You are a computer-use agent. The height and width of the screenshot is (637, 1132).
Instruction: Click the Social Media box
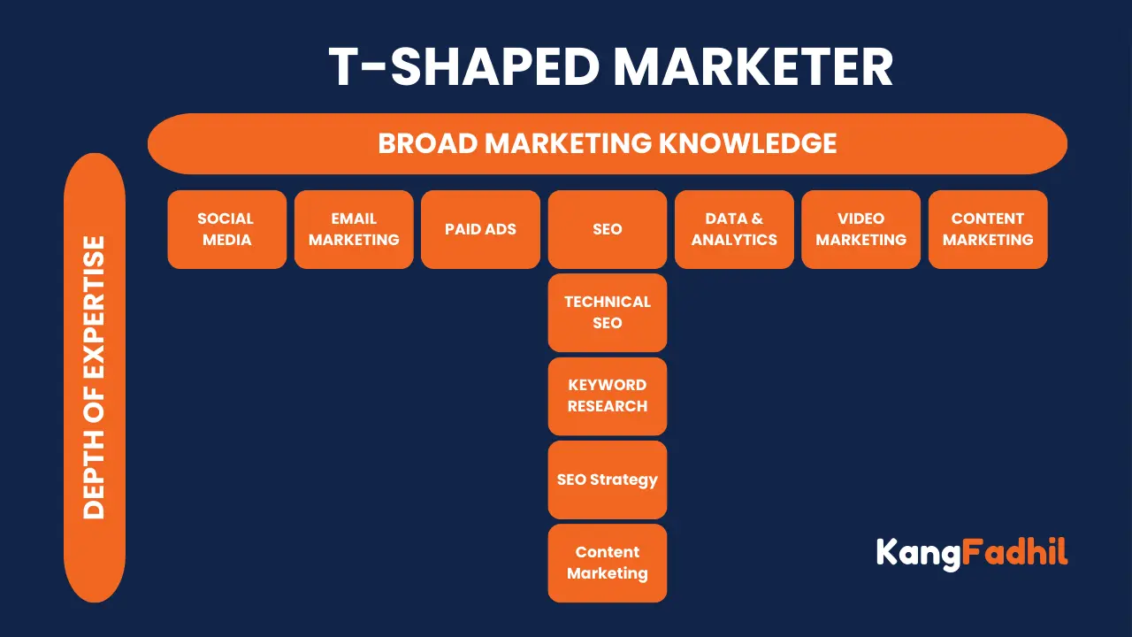click(226, 229)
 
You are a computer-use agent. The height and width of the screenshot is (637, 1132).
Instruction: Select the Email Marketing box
click(354, 229)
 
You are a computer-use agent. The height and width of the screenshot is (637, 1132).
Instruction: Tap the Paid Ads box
click(480, 229)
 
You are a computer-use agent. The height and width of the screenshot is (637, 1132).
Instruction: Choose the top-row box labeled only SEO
click(608, 229)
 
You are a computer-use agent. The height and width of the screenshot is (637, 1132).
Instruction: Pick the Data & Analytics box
click(734, 229)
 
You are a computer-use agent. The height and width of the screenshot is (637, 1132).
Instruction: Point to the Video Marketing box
click(860, 229)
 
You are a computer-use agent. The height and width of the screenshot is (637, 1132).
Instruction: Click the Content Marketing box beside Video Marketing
click(988, 229)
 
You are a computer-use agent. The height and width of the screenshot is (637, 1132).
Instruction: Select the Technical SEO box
click(608, 312)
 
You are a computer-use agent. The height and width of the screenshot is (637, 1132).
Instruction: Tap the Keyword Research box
click(608, 395)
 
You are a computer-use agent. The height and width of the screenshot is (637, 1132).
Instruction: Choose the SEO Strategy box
click(608, 480)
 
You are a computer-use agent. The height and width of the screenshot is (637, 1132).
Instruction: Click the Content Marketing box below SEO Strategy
click(608, 563)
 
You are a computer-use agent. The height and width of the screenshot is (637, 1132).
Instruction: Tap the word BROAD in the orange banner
click(428, 143)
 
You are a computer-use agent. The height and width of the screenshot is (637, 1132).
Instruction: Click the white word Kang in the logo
click(917, 554)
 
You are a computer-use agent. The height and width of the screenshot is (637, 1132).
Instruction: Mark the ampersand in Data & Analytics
click(757, 219)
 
